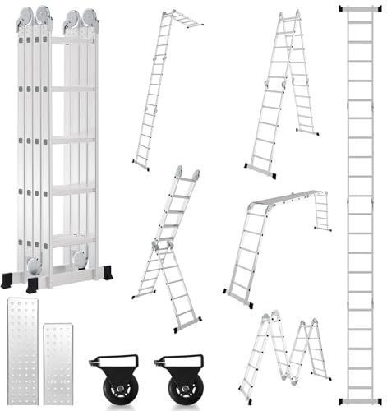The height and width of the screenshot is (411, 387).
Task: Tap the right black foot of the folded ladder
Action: (105, 272)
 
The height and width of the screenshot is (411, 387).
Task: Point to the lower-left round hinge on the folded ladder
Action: (33, 265)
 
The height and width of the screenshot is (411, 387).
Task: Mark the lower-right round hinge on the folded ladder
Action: (80, 256)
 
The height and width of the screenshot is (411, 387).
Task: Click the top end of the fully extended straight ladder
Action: (357, 8)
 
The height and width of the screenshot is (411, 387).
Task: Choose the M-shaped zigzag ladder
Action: (283, 353)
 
